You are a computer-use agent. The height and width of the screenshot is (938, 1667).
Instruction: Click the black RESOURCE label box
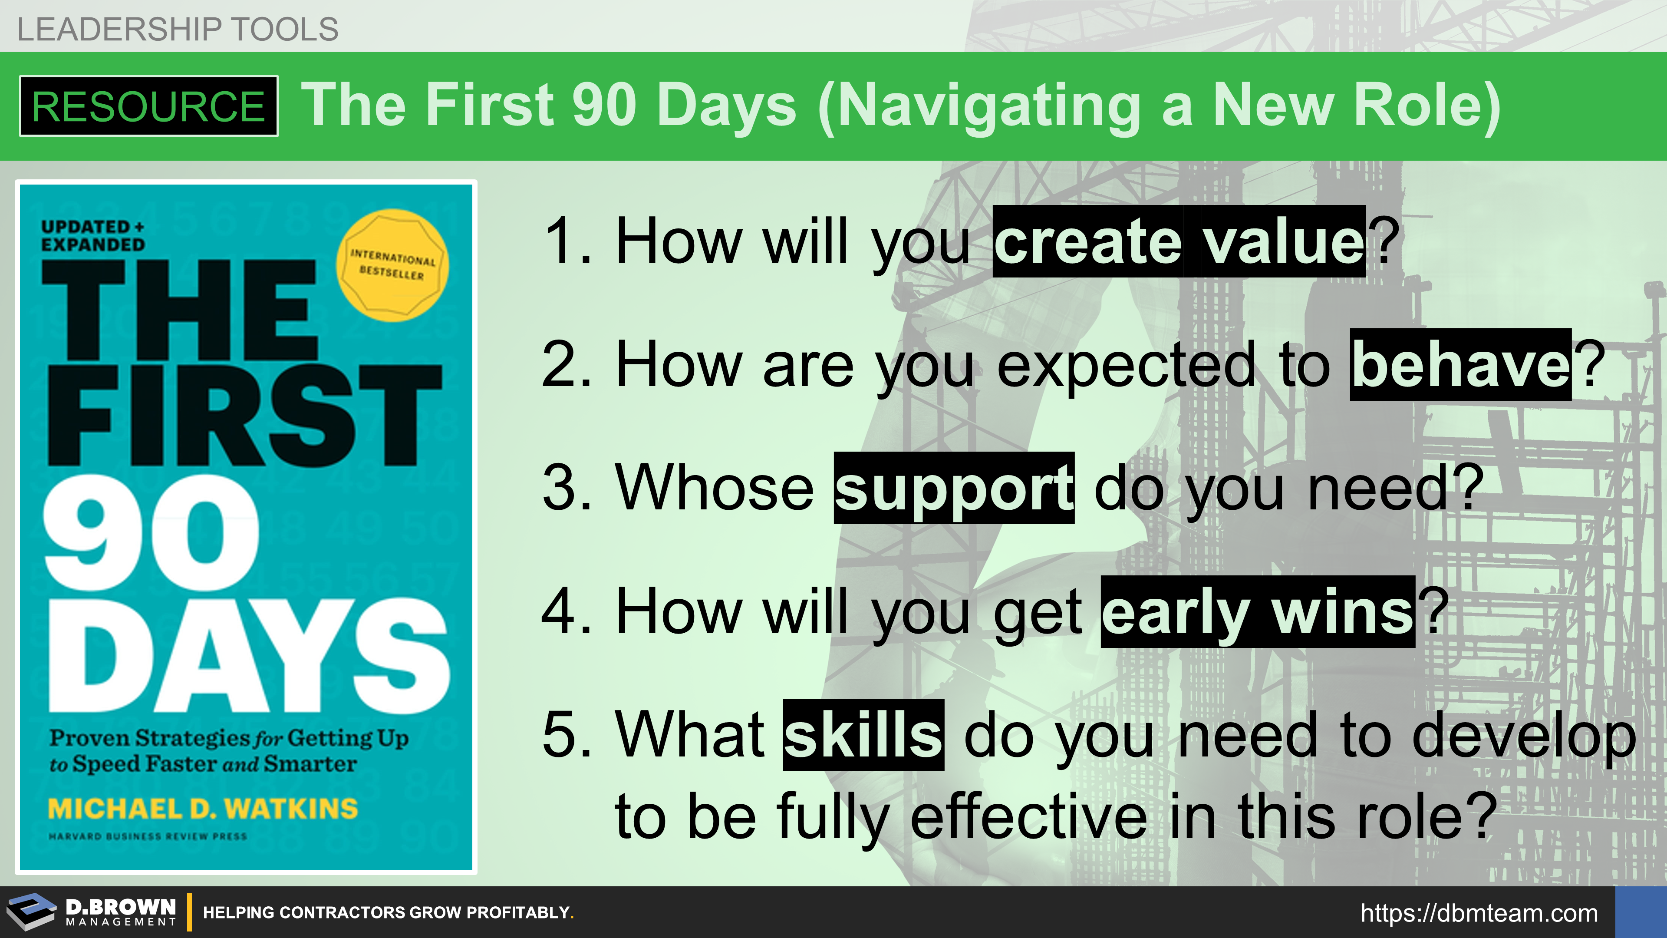pyautogui.click(x=149, y=106)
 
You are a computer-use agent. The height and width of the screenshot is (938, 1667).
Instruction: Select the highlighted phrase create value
pyautogui.click(x=1179, y=241)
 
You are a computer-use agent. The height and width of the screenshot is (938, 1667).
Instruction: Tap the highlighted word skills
pyautogui.click(x=863, y=735)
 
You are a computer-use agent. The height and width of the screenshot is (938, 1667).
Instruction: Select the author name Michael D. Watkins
pyautogui.click(x=203, y=809)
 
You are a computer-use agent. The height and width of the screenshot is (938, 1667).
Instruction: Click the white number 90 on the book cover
pyautogui.click(x=152, y=532)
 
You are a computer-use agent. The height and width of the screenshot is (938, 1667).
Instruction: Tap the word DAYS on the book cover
pyautogui.click(x=248, y=655)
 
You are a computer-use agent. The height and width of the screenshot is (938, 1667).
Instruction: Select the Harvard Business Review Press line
pyautogui.click(x=148, y=836)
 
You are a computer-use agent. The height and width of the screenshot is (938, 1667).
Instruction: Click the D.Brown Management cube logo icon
pyautogui.click(x=31, y=912)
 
